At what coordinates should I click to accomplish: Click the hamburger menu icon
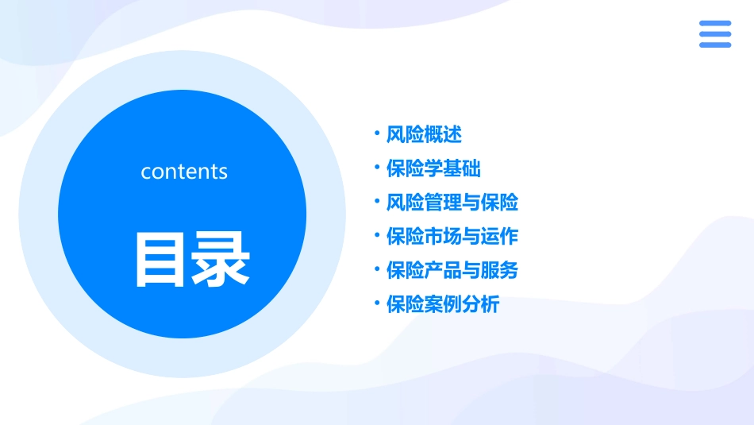(x=715, y=34)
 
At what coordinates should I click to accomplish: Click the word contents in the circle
(x=184, y=172)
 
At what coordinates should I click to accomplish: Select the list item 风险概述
(x=424, y=134)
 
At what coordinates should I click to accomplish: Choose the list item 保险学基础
(x=433, y=168)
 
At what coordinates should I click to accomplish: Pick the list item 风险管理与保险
(x=452, y=203)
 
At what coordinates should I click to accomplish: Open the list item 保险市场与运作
(x=452, y=237)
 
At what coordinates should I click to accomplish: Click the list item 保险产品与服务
(x=452, y=270)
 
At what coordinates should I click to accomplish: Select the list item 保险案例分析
(x=443, y=304)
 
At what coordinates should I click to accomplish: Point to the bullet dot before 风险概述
(x=377, y=133)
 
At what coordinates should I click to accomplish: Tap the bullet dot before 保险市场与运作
(x=377, y=235)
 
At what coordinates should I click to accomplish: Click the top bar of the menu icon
(x=715, y=24)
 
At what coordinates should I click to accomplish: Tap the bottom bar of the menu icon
(x=715, y=44)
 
